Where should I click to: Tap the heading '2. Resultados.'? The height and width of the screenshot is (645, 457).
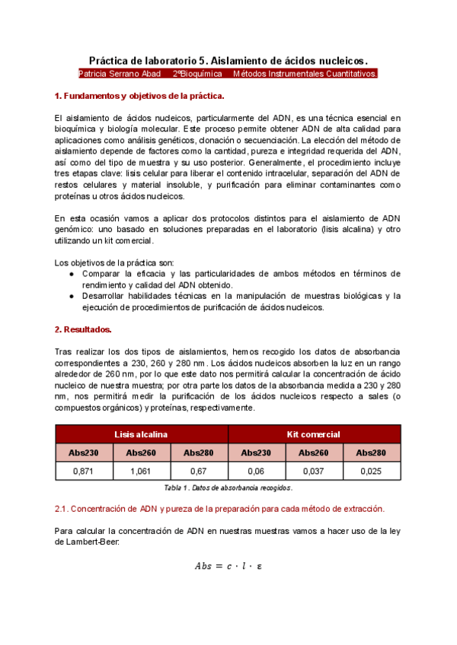click(84, 329)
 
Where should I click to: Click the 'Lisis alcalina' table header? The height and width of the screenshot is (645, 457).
click(142, 434)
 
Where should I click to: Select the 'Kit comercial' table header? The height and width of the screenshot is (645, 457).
click(314, 434)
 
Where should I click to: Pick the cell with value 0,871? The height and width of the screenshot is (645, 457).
click(84, 472)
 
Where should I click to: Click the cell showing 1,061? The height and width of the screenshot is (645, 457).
click(142, 472)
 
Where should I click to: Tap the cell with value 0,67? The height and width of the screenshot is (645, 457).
click(200, 472)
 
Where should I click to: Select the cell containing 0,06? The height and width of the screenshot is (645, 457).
click(257, 472)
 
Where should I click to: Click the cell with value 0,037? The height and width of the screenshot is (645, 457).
click(315, 472)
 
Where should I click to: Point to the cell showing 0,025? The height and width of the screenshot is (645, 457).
click(372, 472)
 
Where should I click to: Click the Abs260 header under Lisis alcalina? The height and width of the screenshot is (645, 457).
click(142, 453)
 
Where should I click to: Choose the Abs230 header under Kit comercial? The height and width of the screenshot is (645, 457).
click(257, 453)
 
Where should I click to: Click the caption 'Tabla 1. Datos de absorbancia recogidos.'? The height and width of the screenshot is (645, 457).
click(228, 488)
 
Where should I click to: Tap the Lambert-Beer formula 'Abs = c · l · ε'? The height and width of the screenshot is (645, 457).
click(228, 566)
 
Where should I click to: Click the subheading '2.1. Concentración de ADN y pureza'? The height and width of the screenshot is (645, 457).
click(219, 508)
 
